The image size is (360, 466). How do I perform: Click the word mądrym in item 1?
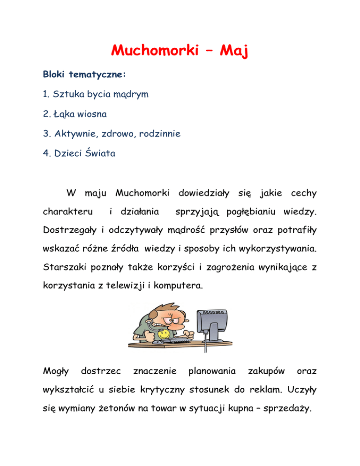point(130,95)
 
